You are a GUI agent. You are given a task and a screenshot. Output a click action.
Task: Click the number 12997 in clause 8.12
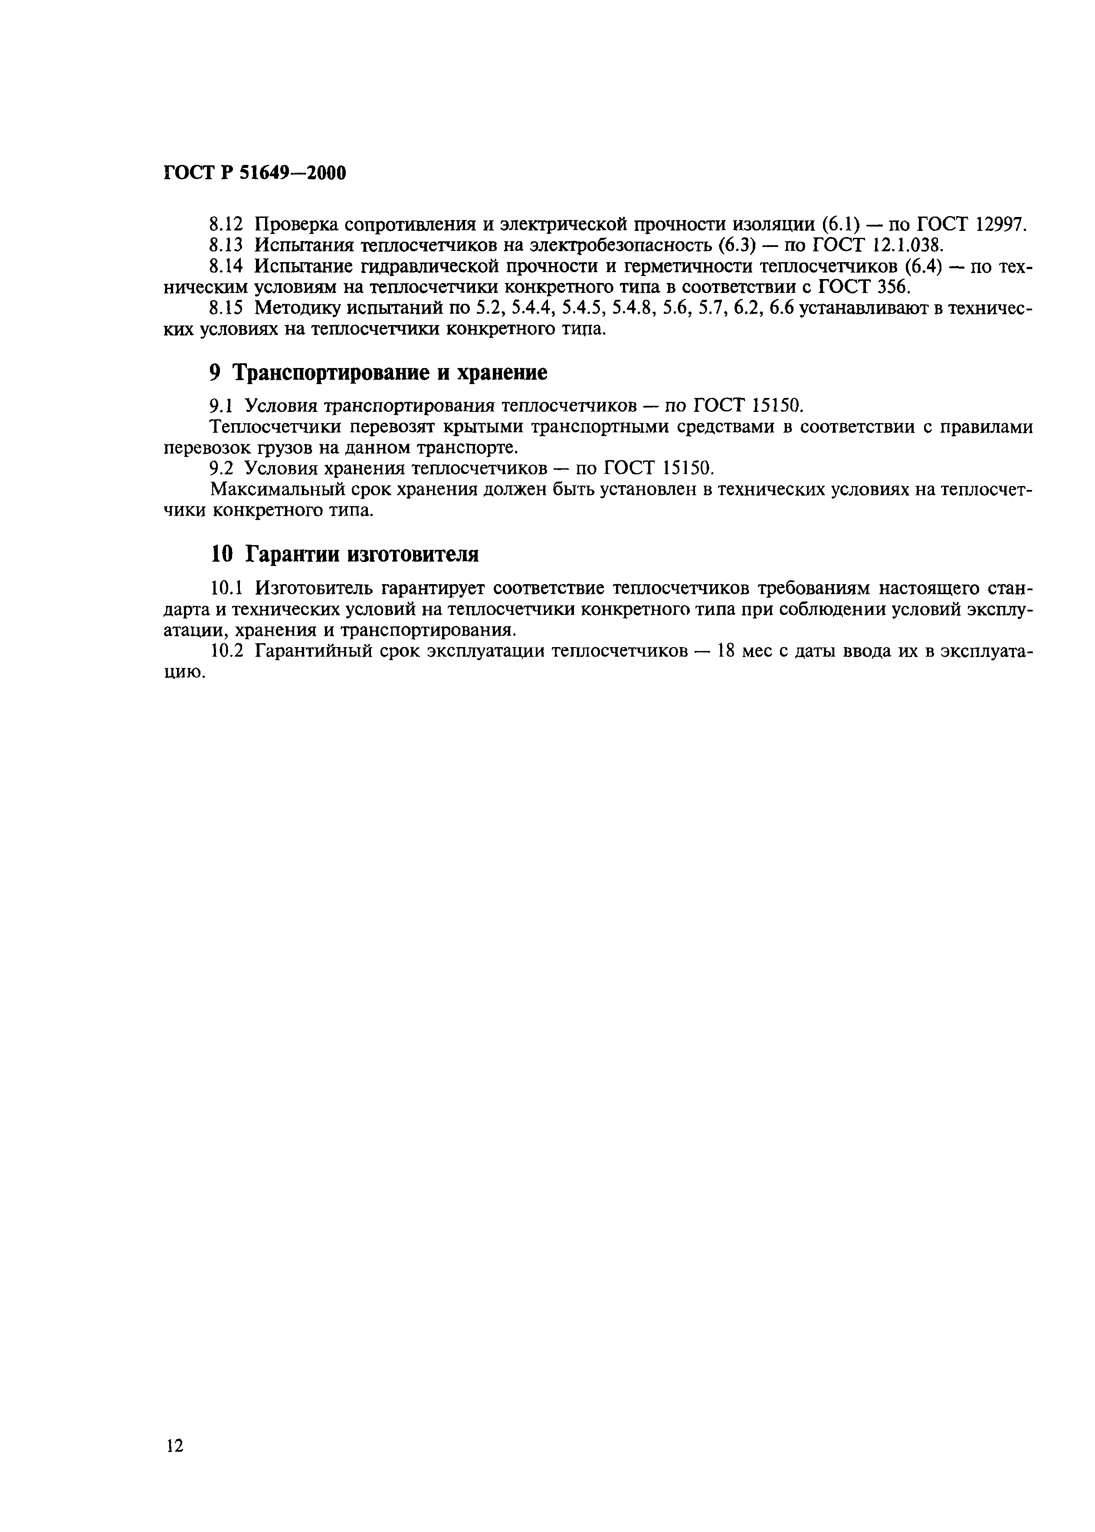coord(1000,224)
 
